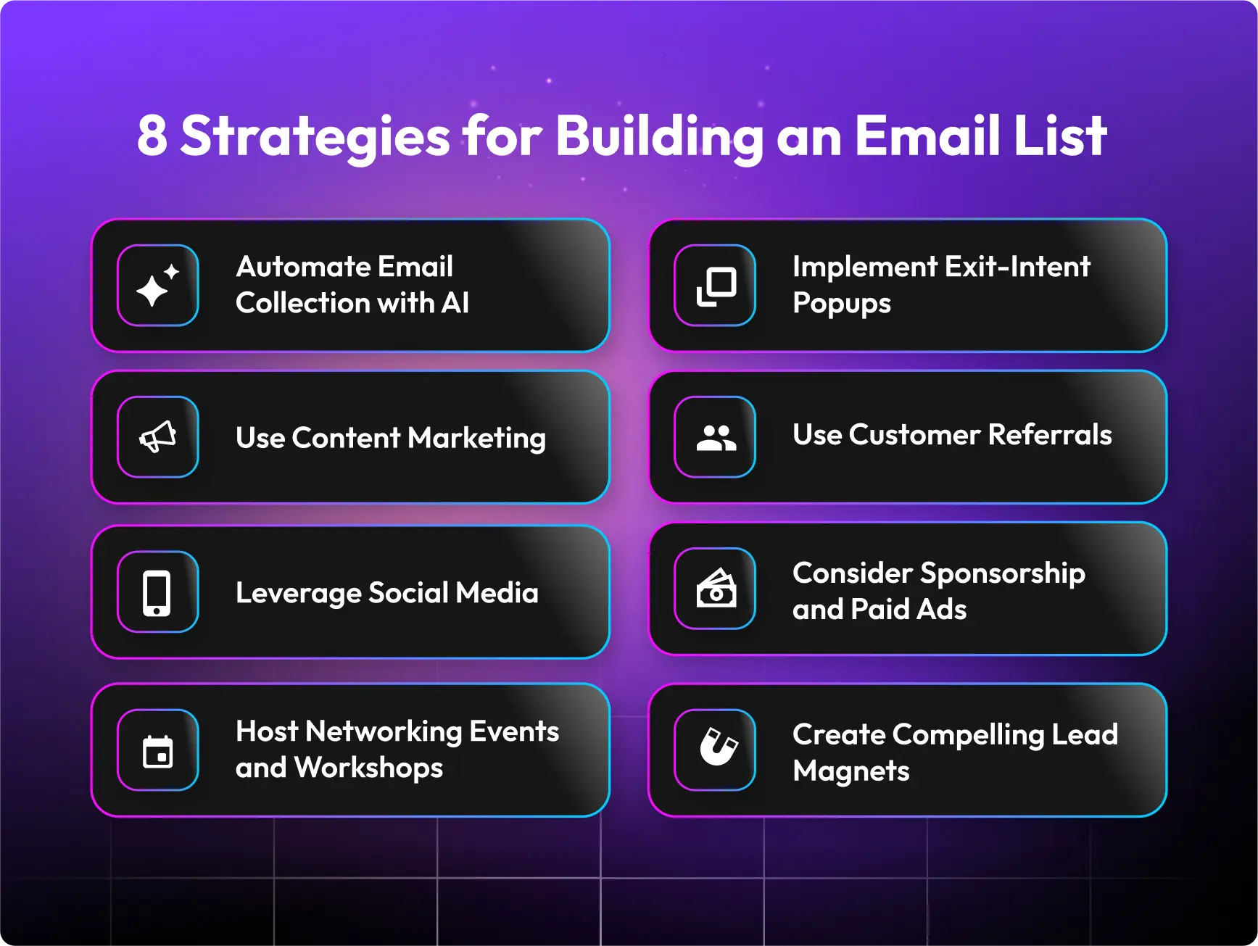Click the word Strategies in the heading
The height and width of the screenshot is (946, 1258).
point(315,137)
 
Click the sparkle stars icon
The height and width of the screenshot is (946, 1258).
point(157,286)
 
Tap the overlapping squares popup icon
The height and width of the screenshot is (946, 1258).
point(715,286)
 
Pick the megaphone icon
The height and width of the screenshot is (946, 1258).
point(157,437)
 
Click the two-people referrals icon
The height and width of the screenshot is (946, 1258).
point(715,437)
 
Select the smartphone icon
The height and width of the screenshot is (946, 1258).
point(157,592)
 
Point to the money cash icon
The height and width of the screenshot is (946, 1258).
point(715,589)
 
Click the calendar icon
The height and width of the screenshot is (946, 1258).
point(157,750)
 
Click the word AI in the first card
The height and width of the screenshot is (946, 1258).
point(455,303)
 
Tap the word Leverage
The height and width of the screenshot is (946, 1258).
point(298,594)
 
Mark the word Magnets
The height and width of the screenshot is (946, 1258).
point(851,771)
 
